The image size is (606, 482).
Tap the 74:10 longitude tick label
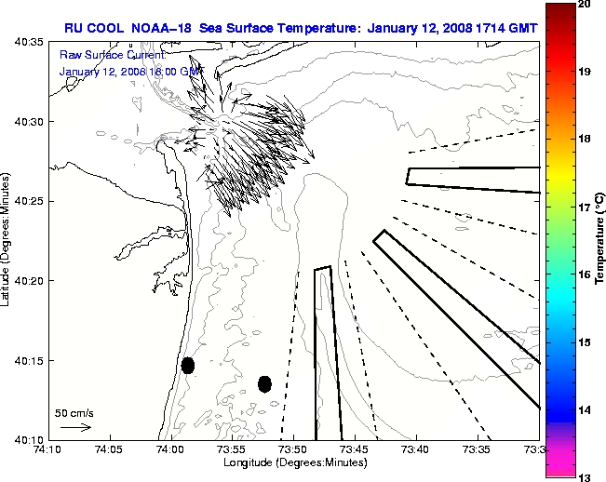47,449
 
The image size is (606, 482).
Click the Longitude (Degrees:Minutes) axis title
292,462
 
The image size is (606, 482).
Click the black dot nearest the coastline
187,365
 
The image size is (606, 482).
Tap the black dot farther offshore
264,383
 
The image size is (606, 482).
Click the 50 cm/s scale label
74,412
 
